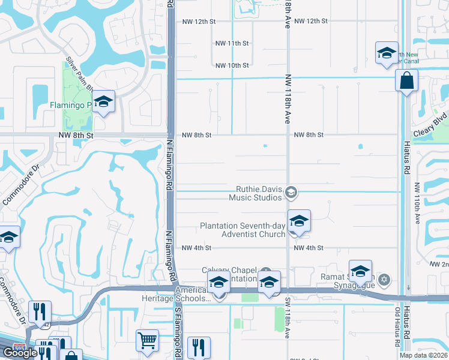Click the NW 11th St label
point(232,43)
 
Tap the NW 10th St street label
point(232,65)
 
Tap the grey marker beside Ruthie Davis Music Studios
point(292,192)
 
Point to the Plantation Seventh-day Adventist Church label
point(243,230)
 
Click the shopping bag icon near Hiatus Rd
point(406,80)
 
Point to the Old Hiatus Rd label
point(397,328)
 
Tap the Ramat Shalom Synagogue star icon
point(385,280)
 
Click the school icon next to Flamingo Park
point(104,103)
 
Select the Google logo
point(20,353)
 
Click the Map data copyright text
point(424,355)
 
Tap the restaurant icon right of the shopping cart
point(198,347)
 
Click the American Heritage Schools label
point(193,294)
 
